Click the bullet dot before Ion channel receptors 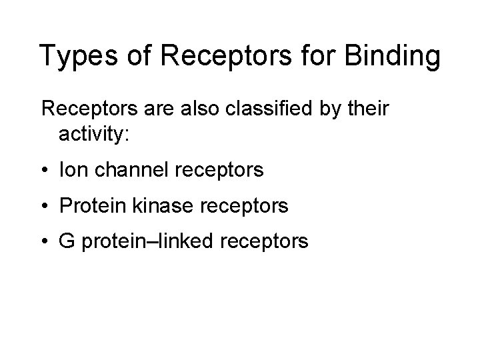pos(45,171)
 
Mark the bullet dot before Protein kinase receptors pos(45,207)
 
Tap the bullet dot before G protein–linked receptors pos(45,243)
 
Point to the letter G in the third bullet pos(68,242)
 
